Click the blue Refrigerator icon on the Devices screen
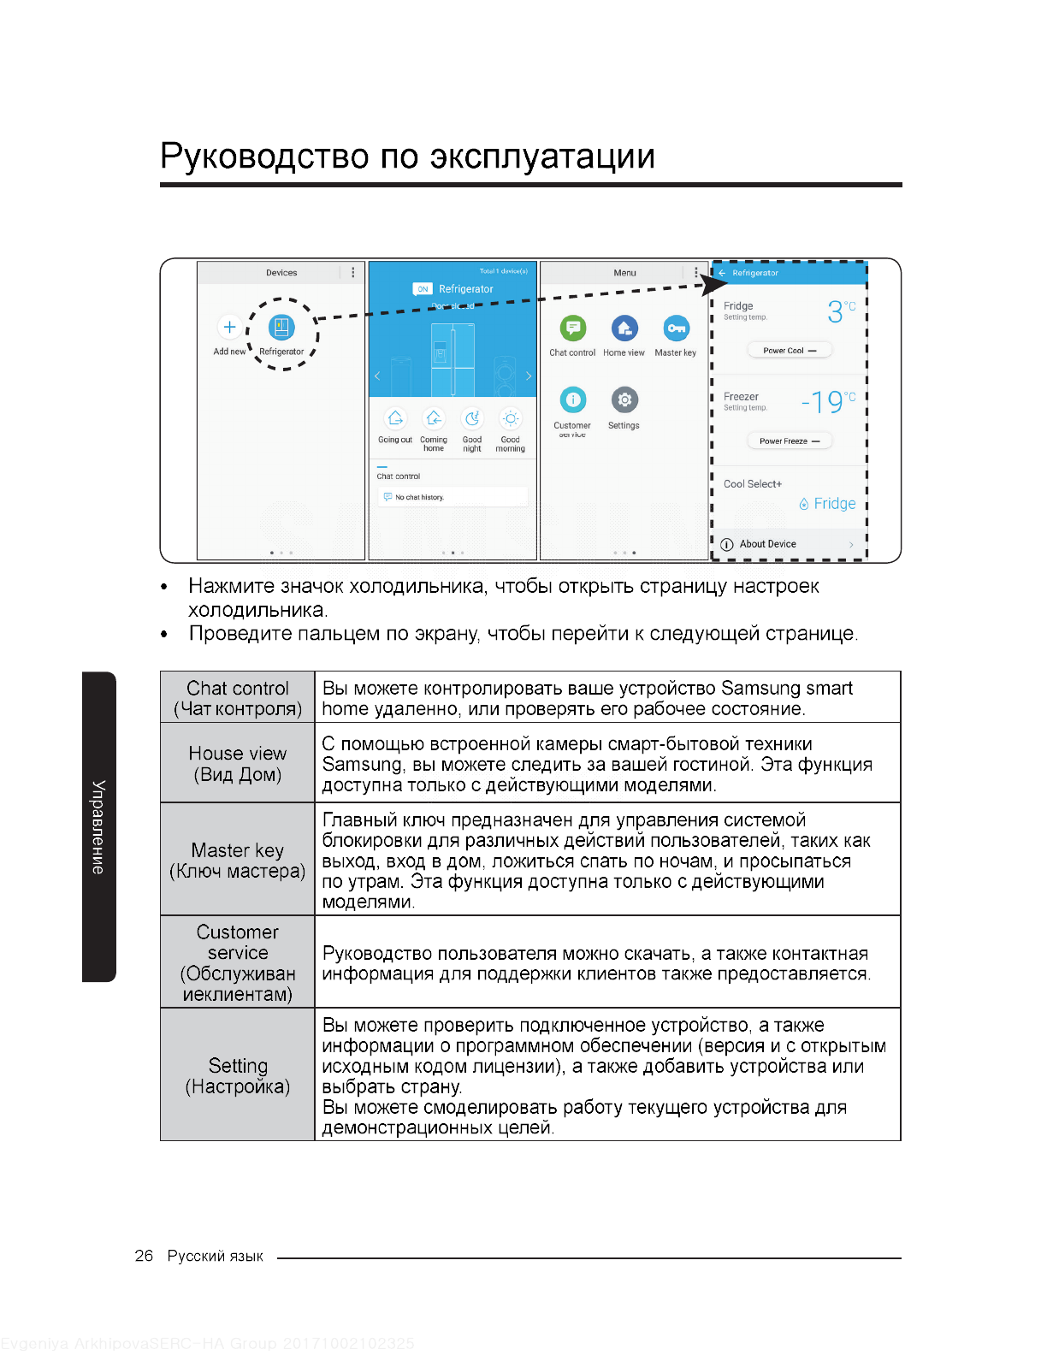pyautogui.click(x=281, y=327)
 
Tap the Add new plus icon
pyautogui.click(x=229, y=327)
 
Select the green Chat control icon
pyautogui.click(x=572, y=328)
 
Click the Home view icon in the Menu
pyautogui.click(x=624, y=328)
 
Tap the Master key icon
pyautogui.click(x=676, y=328)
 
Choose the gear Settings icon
pyautogui.click(x=624, y=399)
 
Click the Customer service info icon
pyautogui.click(x=572, y=399)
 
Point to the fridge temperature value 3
pyautogui.click(x=835, y=312)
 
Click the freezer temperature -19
pyautogui.click(x=823, y=402)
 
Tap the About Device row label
pyautogui.click(x=767, y=544)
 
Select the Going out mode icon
pyautogui.click(x=395, y=418)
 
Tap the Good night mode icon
pyautogui.click(x=472, y=418)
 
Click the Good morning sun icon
pyautogui.click(x=511, y=418)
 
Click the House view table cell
pyautogui.click(x=238, y=763)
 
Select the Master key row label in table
pyautogui.click(x=238, y=860)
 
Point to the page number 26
pyautogui.click(x=144, y=1256)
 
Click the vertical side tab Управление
pyautogui.click(x=99, y=826)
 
